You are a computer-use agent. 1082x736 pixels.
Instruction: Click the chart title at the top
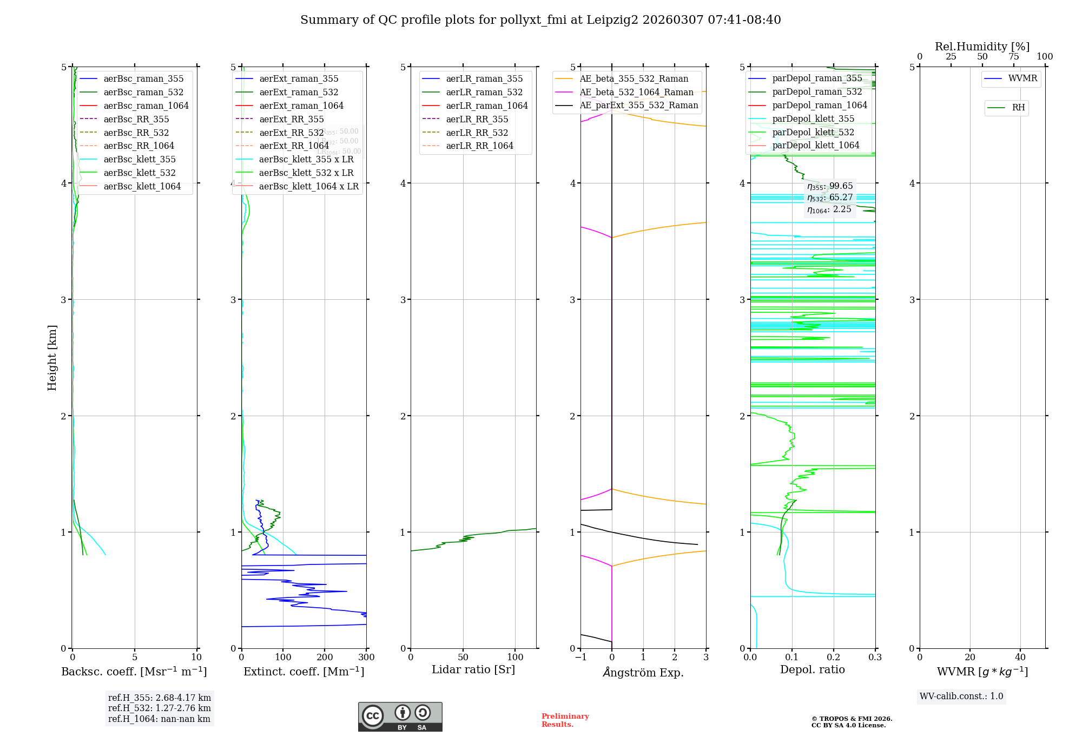[540, 20]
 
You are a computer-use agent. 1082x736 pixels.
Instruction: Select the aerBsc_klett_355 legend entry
[139, 159]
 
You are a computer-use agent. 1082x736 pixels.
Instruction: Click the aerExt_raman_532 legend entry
[299, 92]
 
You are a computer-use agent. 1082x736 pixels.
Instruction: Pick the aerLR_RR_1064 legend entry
[479, 146]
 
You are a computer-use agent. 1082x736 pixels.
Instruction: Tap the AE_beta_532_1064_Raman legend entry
[636, 92]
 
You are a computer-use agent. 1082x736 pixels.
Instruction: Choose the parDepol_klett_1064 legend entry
[815, 145]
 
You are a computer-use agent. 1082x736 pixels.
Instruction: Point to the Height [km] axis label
[52, 357]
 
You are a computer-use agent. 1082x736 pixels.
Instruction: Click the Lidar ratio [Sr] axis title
[473, 669]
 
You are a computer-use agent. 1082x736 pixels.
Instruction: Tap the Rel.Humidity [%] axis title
[982, 47]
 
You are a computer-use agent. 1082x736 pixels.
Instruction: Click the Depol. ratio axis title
[812, 669]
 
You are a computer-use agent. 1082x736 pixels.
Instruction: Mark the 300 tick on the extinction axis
[366, 657]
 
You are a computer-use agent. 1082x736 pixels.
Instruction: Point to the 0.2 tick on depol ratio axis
[834, 657]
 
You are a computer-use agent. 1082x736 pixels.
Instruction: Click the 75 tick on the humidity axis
[1013, 56]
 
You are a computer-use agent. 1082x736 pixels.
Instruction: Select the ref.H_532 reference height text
[159, 708]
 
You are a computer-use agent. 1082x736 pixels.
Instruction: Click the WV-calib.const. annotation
[961, 696]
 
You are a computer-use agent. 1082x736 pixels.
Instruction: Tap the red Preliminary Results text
[565, 720]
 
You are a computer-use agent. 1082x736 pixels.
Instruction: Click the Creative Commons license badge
[400, 717]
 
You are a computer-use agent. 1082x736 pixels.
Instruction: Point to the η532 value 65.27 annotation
[830, 198]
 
